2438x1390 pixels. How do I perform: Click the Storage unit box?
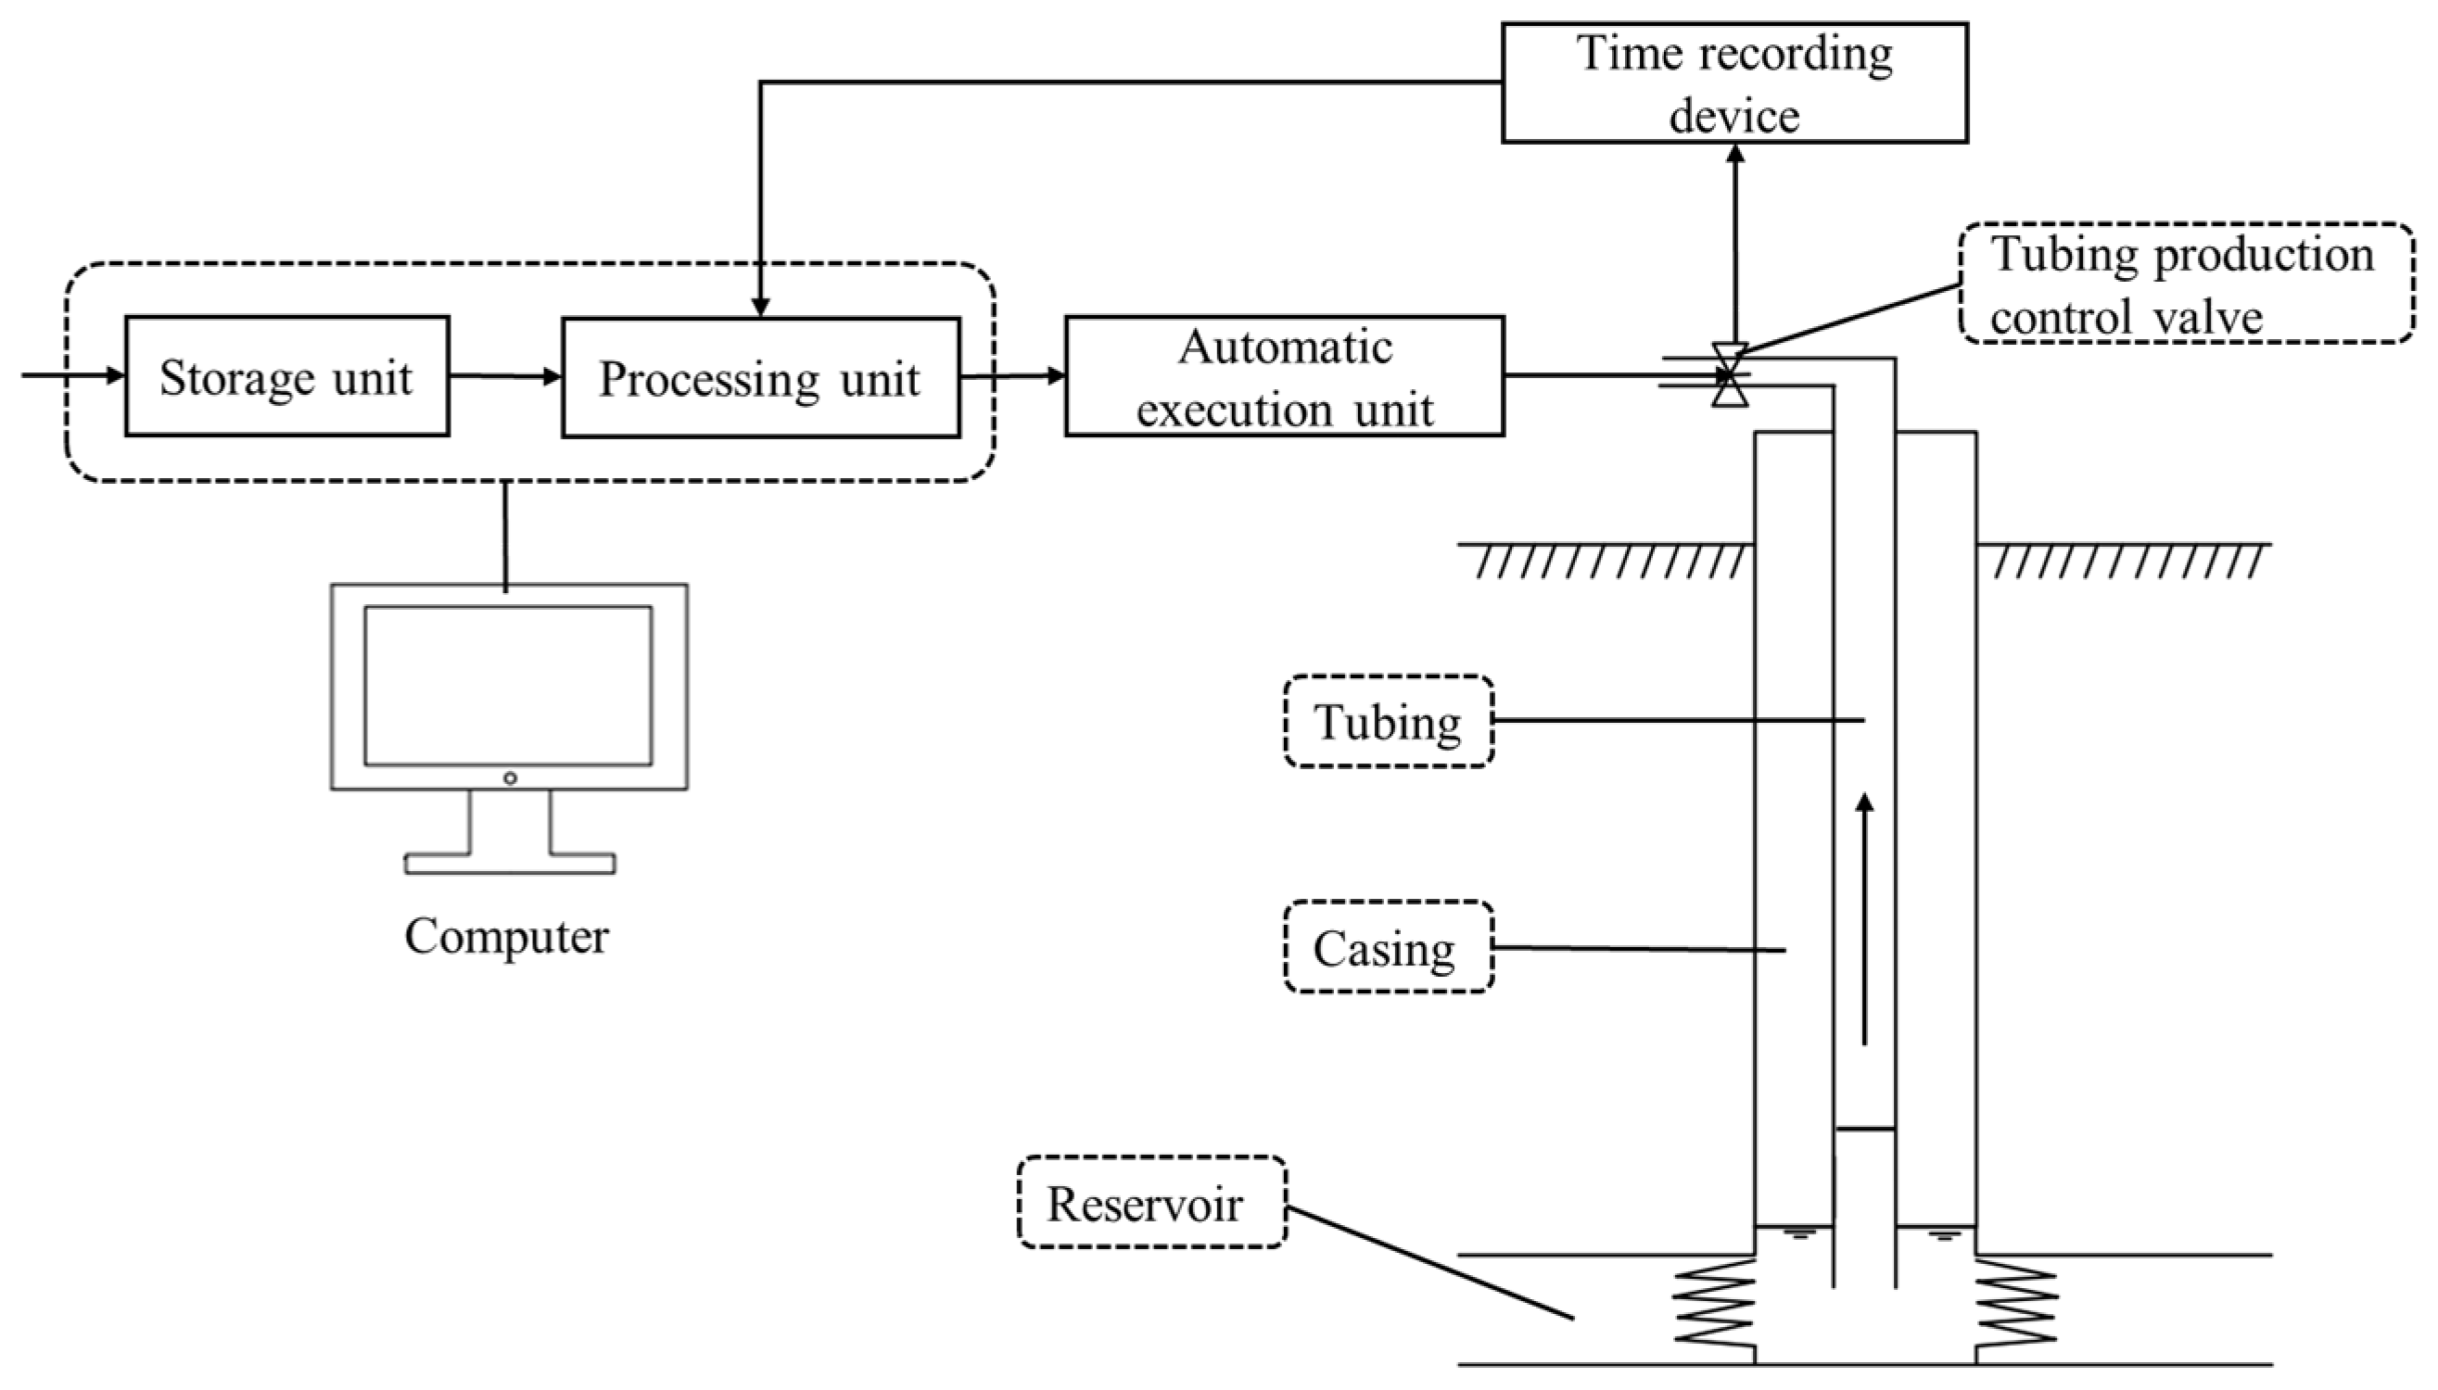pyautogui.click(x=286, y=376)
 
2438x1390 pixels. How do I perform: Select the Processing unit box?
pyautogui.click(x=760, y=378)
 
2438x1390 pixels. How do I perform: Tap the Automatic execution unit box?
pyautogui.click(x=1285, y=376)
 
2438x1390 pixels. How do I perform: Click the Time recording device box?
pyautogui.click(x=1734, y=83)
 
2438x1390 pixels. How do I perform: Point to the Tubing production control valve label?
pyautogui.click(x=2186, y=284)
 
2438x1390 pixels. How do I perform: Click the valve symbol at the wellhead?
pyautogui.click(x=1730, y=375)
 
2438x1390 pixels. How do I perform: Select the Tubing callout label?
pyautogui.click(x=1389, y=722)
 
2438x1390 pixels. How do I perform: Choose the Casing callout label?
pyautogui.click(x=1388, y=948)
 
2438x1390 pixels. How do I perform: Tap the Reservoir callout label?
pyautogui.click(x=1150, y=1203)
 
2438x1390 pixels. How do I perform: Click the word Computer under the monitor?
pyautogui.click(x=506, y=936)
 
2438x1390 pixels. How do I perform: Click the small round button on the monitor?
pyautogui.click(x=510, y=778)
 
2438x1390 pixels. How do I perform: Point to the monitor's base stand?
pyautogui.click(x=509, y=863)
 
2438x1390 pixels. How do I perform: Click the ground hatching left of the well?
pyautogui.click(x=1609, y=562)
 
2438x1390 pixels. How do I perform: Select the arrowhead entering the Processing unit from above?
pyautogui.click(x=759, y=307)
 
